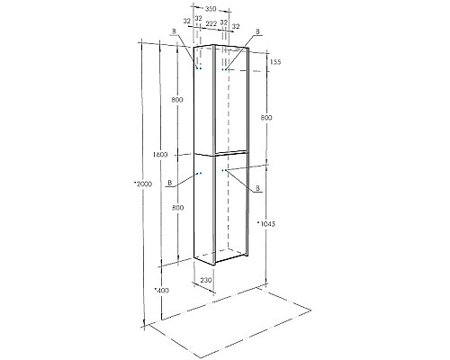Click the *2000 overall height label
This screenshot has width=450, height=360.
[141, 184]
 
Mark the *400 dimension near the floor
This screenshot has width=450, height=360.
[161, 291]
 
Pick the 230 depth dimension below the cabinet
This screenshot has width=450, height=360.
[206, 281]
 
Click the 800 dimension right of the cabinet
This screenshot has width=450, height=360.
[267, 118]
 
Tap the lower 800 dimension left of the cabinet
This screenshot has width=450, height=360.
[178, 208]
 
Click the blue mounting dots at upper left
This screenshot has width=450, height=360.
[199, 68]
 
